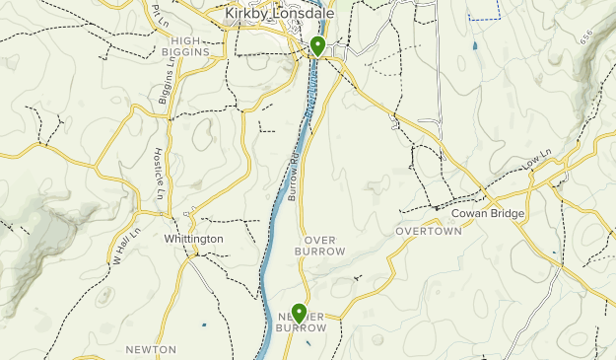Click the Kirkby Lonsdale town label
[x=279, y=14]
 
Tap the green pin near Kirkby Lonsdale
[x=317, y=45]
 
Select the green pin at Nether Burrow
[x=298, y=313]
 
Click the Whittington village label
[x=194, y=239]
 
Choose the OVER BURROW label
[x=320, y=246]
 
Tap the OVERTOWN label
[x=429, y=231]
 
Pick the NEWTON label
[x=151, y=349]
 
